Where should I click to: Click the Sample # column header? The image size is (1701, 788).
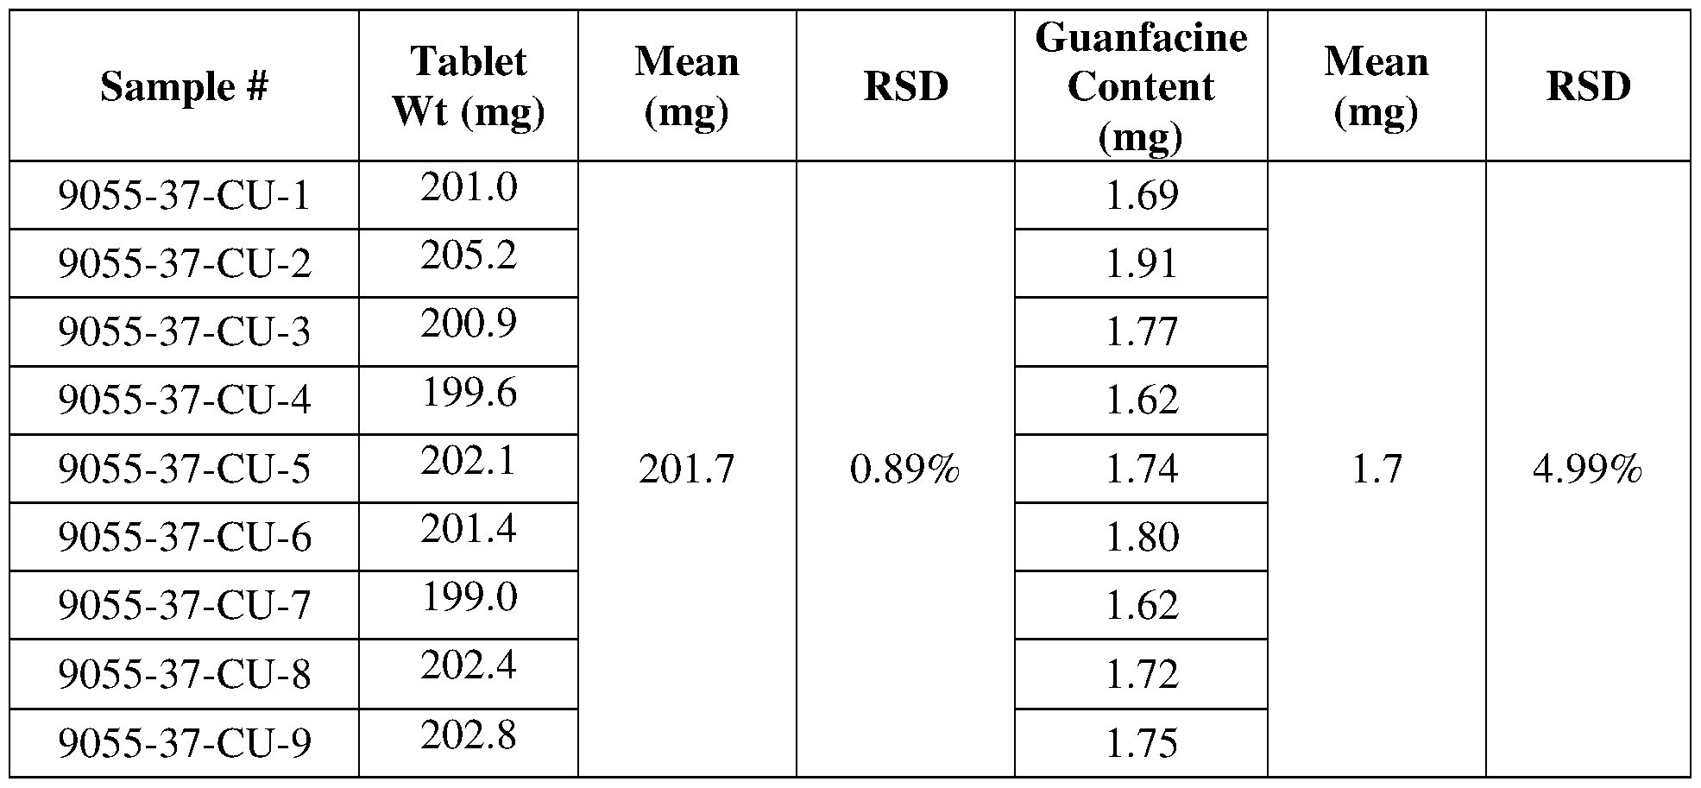pos(184,86)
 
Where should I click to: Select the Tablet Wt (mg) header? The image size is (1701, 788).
pos(469,86)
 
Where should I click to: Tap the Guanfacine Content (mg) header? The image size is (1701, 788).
pos(1141,86)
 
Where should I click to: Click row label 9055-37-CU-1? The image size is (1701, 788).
pos(184,196)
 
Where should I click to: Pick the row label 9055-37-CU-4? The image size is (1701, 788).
pos(184,400)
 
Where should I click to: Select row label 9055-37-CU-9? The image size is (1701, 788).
pos(184,743)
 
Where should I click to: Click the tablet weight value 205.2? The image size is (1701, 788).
pos(469,255)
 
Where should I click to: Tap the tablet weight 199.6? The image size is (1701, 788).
pos(469,394)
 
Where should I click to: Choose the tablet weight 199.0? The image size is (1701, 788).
pos(469,597)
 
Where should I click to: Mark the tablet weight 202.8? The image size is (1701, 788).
pos(469,735)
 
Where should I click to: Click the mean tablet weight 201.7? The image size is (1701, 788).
pos(687,470)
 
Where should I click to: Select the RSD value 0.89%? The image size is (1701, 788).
pos(904,470)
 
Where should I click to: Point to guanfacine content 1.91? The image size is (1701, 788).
pos(1142,264)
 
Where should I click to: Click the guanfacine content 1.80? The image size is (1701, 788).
pos(1142,537)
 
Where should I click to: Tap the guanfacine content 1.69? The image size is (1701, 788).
pos(1142,196)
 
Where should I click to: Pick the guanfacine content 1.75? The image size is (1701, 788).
pos(1142,743)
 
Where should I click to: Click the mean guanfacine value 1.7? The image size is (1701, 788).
pos(1377,470)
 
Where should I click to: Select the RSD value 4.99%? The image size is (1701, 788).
pos(1587,470)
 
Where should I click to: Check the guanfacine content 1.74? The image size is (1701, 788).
pos(1142,469)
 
